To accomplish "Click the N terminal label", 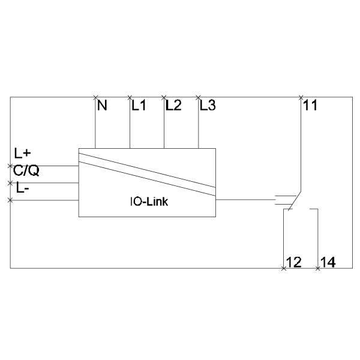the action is coord(102,106).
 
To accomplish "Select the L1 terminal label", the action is coord(139,106).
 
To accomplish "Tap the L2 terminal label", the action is coord(173,106).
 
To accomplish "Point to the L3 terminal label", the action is coord(208,106).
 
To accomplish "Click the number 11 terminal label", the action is coord(310,106).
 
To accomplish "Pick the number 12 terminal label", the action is coord(294,262).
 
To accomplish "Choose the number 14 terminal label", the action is coord(328,262).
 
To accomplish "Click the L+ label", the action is coord(22,153).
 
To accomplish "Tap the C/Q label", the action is coord(26,170).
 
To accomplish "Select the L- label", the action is coord(23,188).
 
